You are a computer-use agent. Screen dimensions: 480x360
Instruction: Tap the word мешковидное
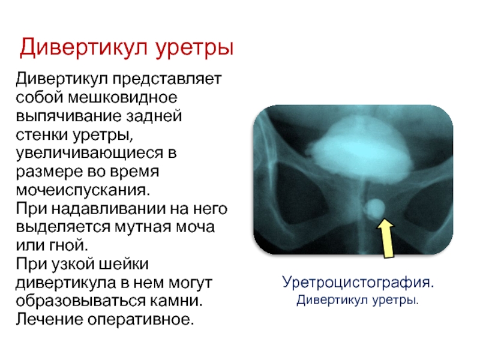click(x=122, y=98)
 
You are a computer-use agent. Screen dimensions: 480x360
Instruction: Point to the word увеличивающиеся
click(x=89, y=154)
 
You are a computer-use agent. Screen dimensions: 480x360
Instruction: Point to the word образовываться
click(x=80, y=301)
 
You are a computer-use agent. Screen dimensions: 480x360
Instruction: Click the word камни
click(x=176, y=301)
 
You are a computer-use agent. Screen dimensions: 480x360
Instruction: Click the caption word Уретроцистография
click(x=358, y=283)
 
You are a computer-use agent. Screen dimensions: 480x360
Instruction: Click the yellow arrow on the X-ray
click(x=386, y=238)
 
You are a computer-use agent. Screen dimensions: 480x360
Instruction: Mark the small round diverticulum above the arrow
click(x=374, y=209)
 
